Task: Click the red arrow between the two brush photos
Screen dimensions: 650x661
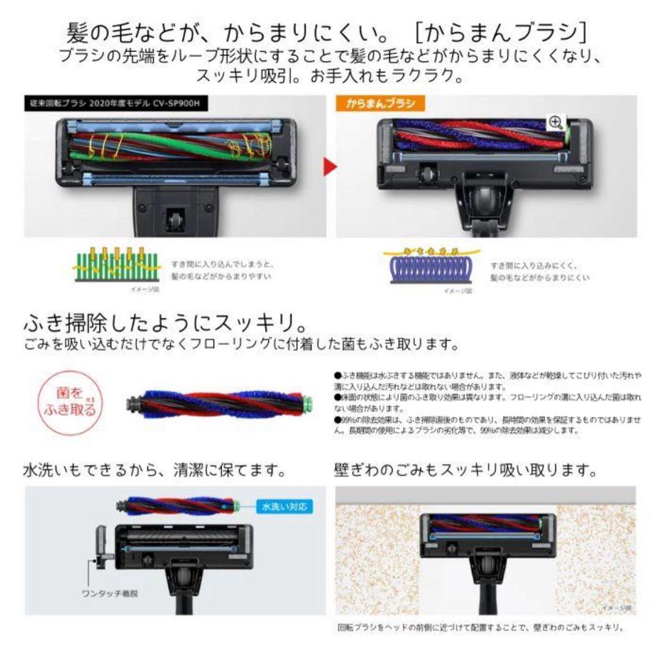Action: click(330, 166)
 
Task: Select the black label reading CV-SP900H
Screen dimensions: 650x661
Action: click(116, 103)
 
